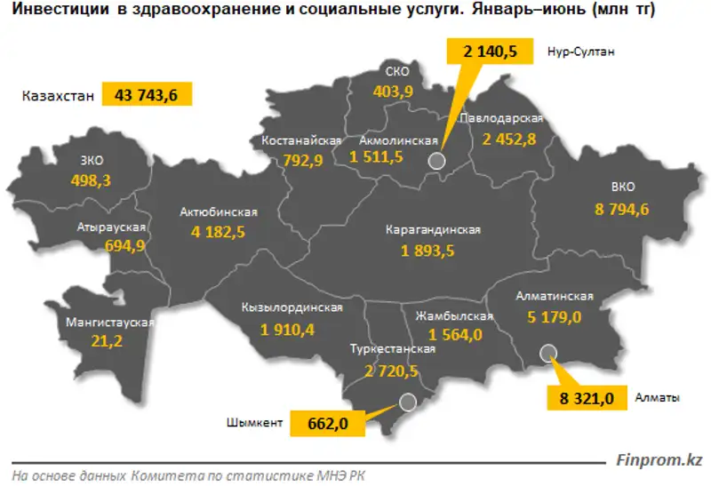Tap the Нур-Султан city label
pos(582,52)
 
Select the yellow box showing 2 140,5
pos(491,52)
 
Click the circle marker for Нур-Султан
pos(435,161)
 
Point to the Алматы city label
pos(657,396)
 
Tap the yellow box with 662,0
pos(327,423)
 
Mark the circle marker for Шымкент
pos(407,402)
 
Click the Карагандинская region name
pos(434,230)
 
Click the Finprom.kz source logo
pos(659,460)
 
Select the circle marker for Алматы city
pos(548,353)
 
